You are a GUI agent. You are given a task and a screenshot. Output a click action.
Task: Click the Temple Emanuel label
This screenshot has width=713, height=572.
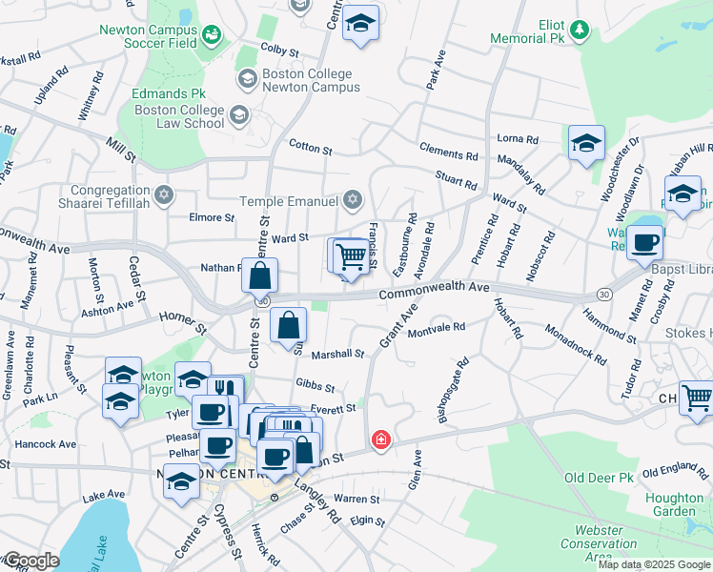[290, 201]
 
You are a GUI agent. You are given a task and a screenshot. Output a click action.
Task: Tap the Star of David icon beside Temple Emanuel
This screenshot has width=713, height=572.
[353, 199]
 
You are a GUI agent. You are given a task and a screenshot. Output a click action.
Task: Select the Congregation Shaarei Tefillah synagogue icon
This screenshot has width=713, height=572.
[163, 194]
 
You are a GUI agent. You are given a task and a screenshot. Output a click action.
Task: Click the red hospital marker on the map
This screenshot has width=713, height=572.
[381, 439]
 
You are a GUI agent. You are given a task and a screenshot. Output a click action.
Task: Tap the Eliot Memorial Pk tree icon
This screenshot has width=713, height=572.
[579, 31]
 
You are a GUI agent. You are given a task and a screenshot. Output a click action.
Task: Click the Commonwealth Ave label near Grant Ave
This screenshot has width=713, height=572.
[434, 290]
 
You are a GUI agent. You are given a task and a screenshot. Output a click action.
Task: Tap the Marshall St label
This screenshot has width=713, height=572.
[339, 354]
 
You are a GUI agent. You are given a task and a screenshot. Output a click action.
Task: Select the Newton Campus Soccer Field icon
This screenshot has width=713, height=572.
[212, 36]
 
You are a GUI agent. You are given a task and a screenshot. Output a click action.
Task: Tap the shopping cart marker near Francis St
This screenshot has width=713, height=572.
[351, 255]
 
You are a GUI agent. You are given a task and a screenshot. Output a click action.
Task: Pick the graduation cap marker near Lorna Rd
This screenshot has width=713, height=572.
[585, 144]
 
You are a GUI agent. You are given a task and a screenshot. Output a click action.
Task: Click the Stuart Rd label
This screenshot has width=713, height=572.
[456, 181]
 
